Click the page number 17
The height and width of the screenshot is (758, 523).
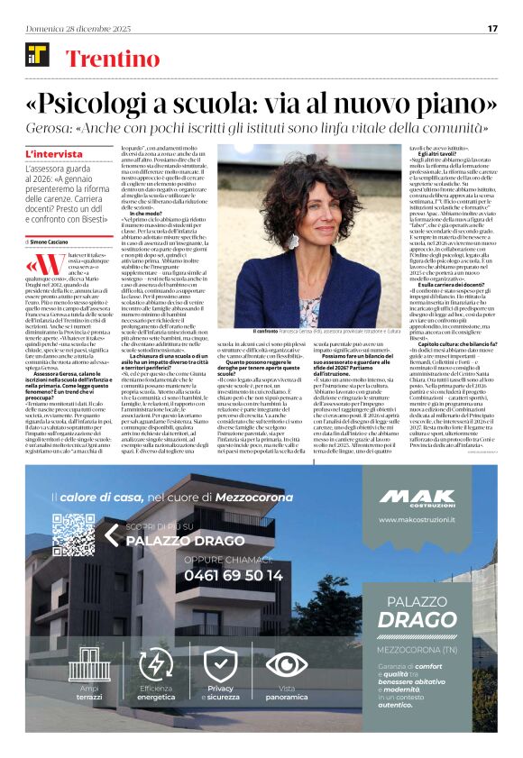pos(492,28)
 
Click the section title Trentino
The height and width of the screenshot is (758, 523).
pos(105,59)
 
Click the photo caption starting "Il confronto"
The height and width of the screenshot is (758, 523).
pos(307,332)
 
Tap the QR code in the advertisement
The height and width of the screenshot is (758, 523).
pos(73,535)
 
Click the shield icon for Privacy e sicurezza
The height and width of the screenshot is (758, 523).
pos(221,663)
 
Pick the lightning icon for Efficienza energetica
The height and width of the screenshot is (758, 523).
pos(155,663)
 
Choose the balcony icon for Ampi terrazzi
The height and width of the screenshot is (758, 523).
pos(89,663)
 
